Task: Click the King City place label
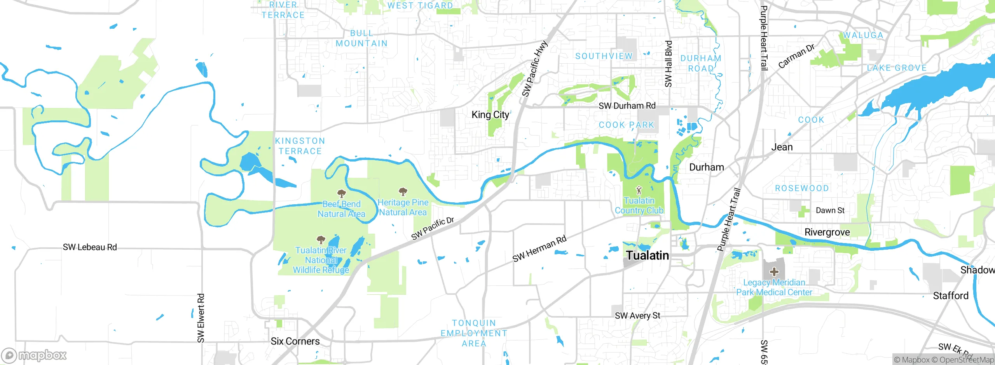tap(490, 115)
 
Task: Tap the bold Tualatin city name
tap(648, 255)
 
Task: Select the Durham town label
tap(706, 167)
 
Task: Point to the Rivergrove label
tap(827, 232)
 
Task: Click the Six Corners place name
tap(295, 341)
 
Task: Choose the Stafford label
tap(951, 296)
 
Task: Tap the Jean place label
tap(782, 147)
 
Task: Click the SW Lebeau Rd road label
tap(90, 247)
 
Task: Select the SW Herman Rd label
tap(539, 249)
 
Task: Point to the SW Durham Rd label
tap(627, 106)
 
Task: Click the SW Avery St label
tap(637, 316)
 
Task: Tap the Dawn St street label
tap(830, 210)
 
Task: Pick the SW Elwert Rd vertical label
tap(201, 318)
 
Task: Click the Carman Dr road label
tap(796, 56)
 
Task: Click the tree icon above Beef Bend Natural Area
tap(341, 193)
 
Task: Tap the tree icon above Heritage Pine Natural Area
tap(403, 191)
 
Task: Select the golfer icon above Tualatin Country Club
tap(639, 190)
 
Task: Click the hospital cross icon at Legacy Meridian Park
tap(774, 272)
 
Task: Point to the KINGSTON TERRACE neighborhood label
tap(300, 146)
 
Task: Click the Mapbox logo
tap(34, 355)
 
